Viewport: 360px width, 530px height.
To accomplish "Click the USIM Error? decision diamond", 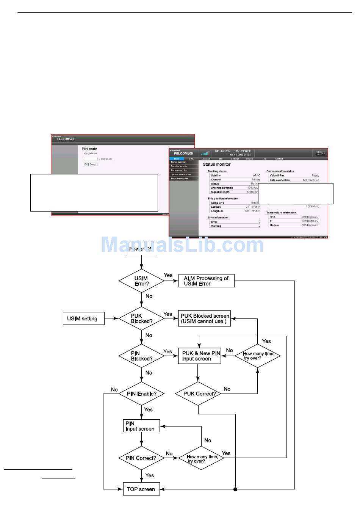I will point(141,281).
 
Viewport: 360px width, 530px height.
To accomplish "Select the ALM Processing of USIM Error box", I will point(206,281).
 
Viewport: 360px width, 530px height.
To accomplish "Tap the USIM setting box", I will point(83,318).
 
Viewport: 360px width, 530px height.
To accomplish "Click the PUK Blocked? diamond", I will point(141,318).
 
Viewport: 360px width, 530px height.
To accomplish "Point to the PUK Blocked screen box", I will point(205,318).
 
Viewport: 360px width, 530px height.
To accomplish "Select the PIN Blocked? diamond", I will point(141,356).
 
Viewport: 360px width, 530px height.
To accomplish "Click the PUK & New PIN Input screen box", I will point(200,356).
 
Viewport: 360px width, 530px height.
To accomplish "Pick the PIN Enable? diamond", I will point(141,394).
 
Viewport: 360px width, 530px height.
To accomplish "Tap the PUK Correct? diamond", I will point(198,394).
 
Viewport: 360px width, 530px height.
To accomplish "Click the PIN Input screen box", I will point(141,426).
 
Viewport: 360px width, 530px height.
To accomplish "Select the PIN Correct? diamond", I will point(141,458).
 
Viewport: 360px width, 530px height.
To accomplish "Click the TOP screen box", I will point(141,489).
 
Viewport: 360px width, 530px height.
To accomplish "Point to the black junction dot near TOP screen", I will point(235,489).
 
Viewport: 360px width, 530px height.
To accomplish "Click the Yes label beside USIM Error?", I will point(168,275).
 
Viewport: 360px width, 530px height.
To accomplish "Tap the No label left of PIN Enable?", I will point(114,390).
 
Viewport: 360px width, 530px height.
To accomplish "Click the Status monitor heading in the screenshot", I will point(217,165).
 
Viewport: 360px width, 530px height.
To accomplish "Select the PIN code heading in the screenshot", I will point(89,149).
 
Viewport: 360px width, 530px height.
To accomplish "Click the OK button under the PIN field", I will point(86,164).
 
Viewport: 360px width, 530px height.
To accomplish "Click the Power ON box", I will point(141,249).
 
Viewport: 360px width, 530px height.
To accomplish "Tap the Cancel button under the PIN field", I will point(93,164).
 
